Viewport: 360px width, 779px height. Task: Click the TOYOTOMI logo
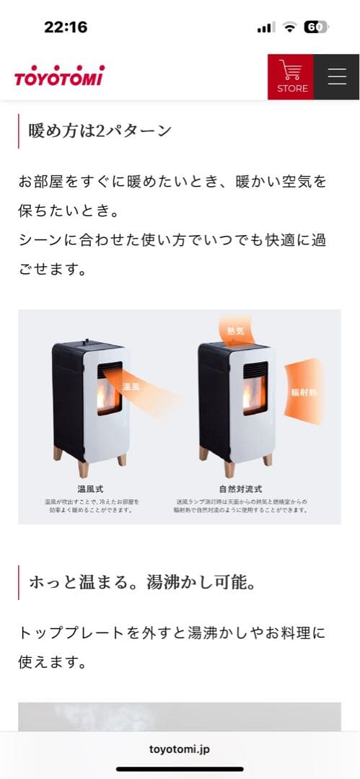tap(59, 76)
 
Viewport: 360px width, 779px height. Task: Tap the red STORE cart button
tap(291, 76)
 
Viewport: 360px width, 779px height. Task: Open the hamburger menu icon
tap(337, 76)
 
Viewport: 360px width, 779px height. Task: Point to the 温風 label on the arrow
tap(131, 387)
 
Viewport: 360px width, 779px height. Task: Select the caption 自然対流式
tap(240, 489)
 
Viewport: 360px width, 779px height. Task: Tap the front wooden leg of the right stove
tap(229, 468)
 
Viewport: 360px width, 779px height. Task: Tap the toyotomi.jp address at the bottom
tap(180, 749)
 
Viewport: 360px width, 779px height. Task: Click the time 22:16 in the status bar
tap(66, 27)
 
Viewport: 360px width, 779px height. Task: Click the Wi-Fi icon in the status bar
tap(290, 27)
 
